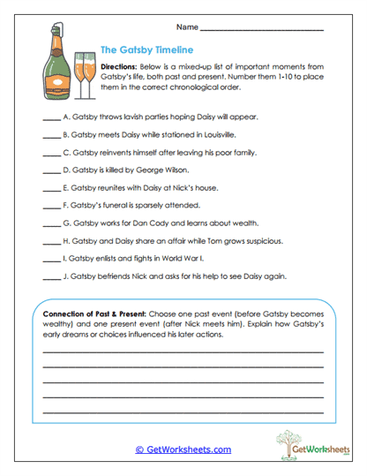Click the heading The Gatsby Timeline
pos(146,50)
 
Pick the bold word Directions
pos(119,67)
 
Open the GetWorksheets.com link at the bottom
pos(183,450)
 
